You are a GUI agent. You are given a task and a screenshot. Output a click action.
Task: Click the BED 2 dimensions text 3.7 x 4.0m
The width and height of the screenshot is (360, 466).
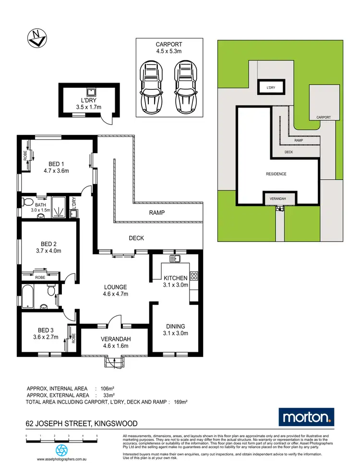point(48,250)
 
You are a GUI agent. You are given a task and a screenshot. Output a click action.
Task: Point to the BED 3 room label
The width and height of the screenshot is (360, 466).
point(47,330)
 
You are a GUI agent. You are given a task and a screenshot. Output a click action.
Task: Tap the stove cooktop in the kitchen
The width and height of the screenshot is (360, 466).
point(194,276)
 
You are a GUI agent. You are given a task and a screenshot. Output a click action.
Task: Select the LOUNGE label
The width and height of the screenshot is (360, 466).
point(116,287)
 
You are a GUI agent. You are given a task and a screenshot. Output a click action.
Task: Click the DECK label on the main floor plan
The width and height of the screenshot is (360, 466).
point(136,238)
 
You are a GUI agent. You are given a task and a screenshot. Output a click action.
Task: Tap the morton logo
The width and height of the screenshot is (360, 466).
point(307,417)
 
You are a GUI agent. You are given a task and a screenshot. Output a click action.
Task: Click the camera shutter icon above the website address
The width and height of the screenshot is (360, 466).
point(61,450)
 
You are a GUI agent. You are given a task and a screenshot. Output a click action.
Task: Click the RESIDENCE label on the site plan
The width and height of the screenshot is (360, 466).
point(276,174)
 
